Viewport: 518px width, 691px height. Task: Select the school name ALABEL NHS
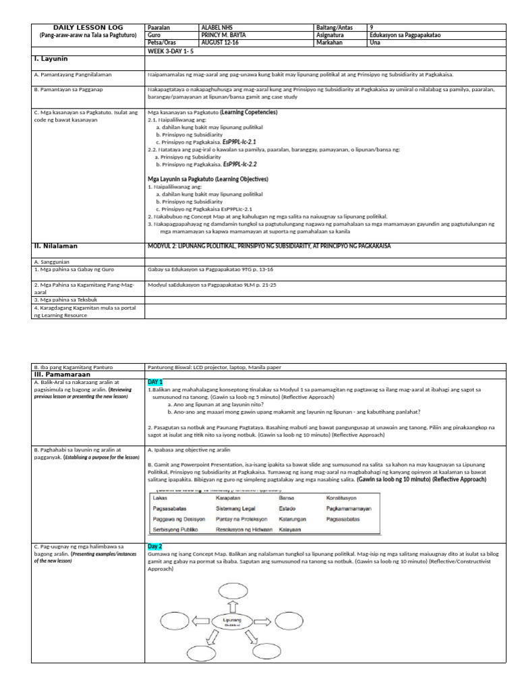click(x=218, y=28)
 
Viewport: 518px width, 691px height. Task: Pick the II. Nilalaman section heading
click(x=55, y=246)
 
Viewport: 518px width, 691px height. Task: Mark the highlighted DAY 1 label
click(x=155, y=382)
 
